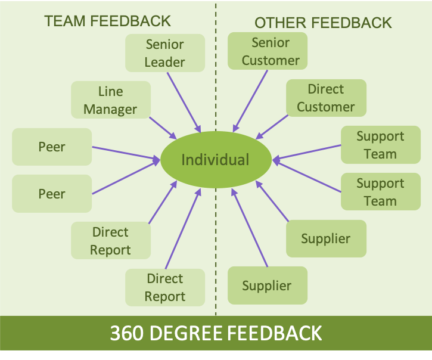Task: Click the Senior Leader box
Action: (165, 53)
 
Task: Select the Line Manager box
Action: (111, 100)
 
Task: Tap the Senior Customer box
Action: (268, 51)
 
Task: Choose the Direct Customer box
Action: (326, 98)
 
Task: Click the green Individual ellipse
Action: (215, 160)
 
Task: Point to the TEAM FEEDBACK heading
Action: (107, 21)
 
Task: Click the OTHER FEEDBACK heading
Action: (323, 23)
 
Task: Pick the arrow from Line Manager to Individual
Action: (162, 127)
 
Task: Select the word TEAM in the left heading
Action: (64, 21)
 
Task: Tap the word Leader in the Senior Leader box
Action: (165, 62)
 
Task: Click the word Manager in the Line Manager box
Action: (111, 109)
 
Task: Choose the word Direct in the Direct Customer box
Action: (326, 89)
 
